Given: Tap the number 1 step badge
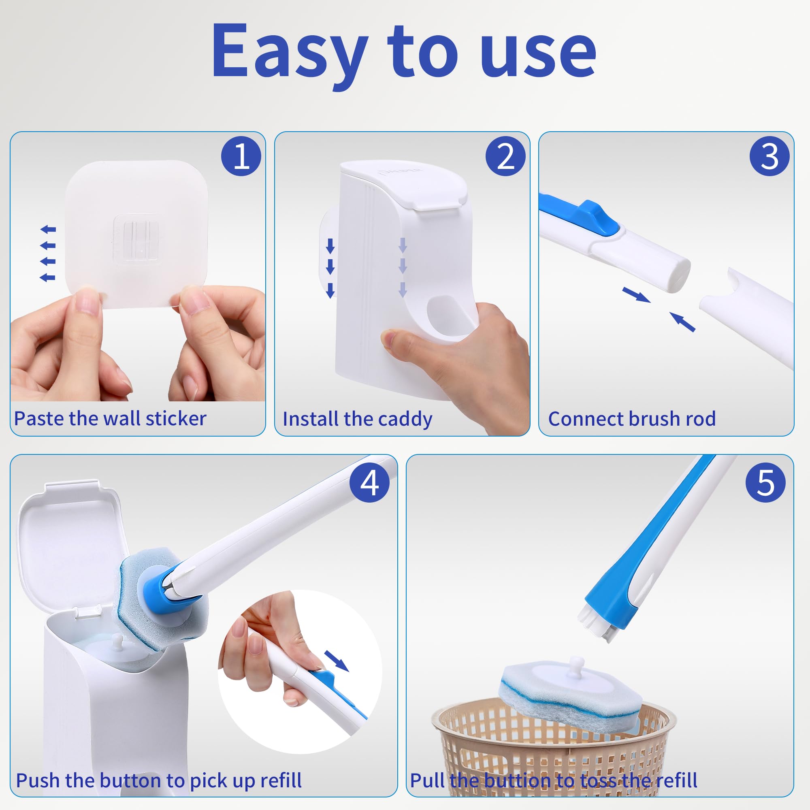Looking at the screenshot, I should (x=241, y=156).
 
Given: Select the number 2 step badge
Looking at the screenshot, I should (x=505, y=156).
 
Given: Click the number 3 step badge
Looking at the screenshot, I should (x=769, y=156).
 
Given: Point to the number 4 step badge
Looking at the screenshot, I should (x=369, y=483).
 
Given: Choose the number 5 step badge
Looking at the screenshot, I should (x=765, y=483).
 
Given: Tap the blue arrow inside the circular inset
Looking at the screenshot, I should (x=336, y=660).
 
